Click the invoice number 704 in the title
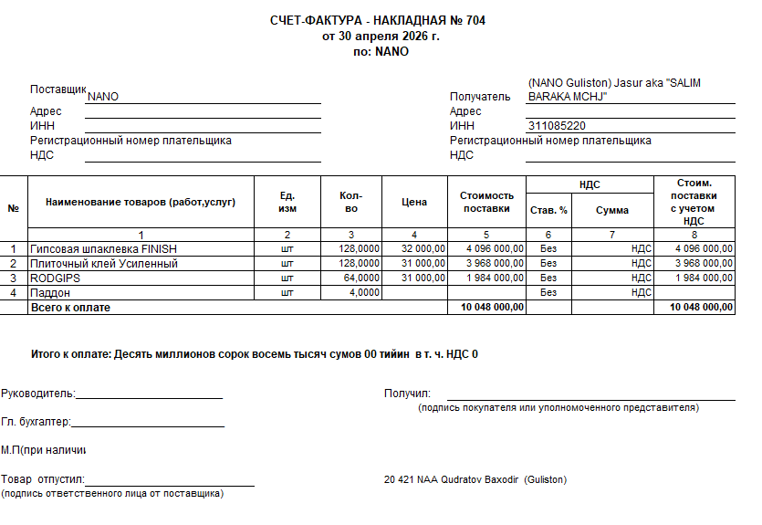pyautogui.click(x=475, y=21)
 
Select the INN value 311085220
pyautogui.click(x=557, y=126)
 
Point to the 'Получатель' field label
pyautogui.click(x=480, y=97)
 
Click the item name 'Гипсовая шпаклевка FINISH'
pyautogui.click(x=103, y=248)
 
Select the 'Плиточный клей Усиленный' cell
pyautogui.click(x=104, y=264)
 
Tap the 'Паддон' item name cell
pyautogui.click(x=50, y=293)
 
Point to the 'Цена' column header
pyautogui.click(x=414, y=202)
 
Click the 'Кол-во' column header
pyautogui.click(x=350, y=202)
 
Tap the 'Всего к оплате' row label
pyautogui.click(x=70, y=308)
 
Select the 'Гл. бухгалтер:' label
pyautogui.click(x=36, y=422)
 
